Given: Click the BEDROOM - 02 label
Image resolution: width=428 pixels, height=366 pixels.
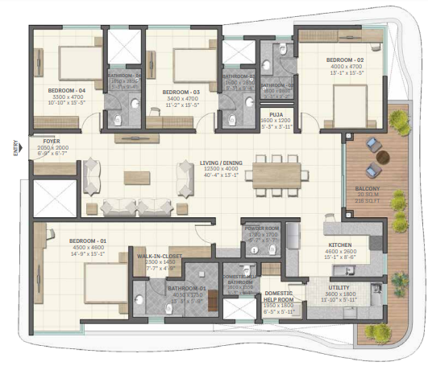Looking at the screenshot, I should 344,60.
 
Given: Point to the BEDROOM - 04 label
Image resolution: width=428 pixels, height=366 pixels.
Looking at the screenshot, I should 65,90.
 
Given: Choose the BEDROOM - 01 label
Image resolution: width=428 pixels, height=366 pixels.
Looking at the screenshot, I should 87,241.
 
